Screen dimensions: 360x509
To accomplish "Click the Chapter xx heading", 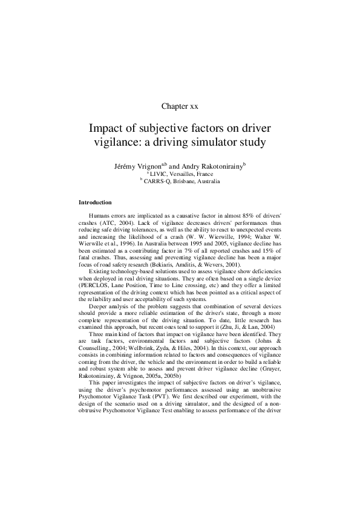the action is [180, 106].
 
